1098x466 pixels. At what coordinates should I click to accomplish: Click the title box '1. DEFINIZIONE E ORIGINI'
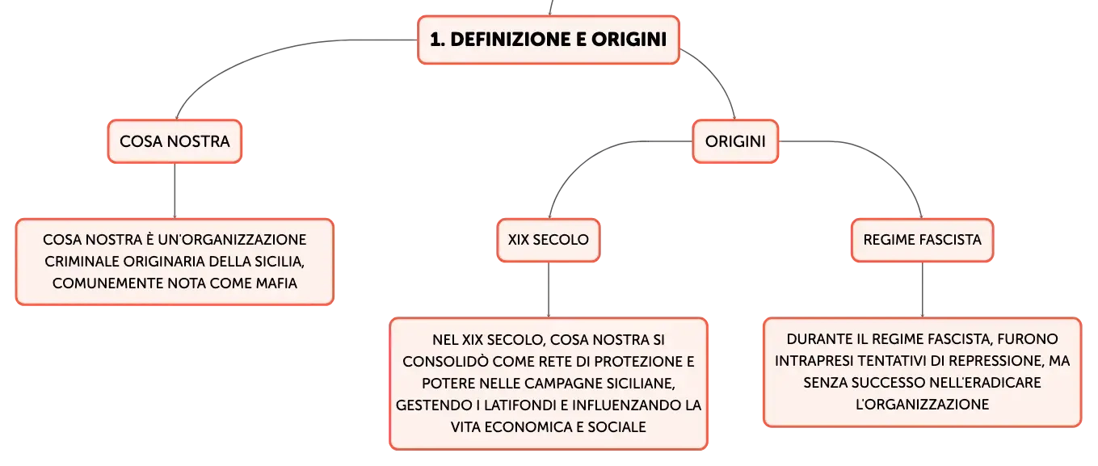(x=549, y=40)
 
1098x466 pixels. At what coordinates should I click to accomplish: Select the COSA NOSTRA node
(x=175, y=141)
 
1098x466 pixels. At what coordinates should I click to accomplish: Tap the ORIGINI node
(x=735, y=141)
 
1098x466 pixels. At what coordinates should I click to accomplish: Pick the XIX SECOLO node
(x=549, y=240)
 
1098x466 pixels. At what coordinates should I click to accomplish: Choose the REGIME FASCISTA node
(x=923, y=240)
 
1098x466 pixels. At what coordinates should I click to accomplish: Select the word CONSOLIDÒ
(x=445, y=362)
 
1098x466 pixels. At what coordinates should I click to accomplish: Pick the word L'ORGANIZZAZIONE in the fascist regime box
(x=923, y=405)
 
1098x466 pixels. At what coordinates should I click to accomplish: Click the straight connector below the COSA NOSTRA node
(x=175, y=191)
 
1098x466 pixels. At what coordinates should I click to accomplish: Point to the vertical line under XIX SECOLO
(x=549, y=290)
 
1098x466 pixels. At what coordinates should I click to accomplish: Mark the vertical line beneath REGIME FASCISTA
(x=923, y=290)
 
